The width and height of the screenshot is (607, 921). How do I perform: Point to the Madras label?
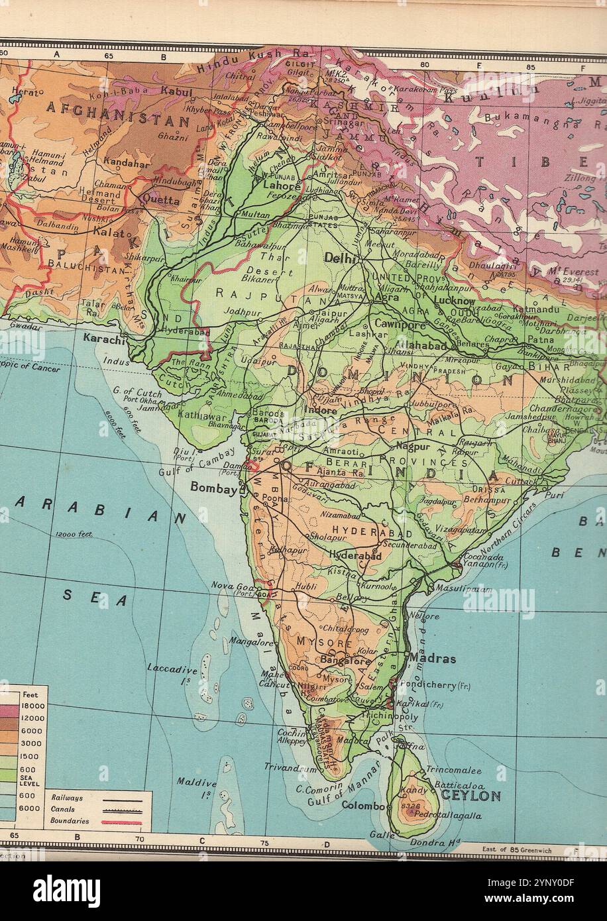pos(433,659)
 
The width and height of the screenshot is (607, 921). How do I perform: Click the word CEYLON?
pos(471,795)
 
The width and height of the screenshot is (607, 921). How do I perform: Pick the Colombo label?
pos(363,806)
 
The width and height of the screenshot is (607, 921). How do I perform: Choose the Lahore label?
pos(283,186)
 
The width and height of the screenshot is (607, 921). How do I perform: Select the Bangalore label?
pos(345,661)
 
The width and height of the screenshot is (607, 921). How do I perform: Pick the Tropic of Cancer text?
pos(30,366)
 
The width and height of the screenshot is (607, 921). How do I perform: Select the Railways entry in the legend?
pos(67,798)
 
